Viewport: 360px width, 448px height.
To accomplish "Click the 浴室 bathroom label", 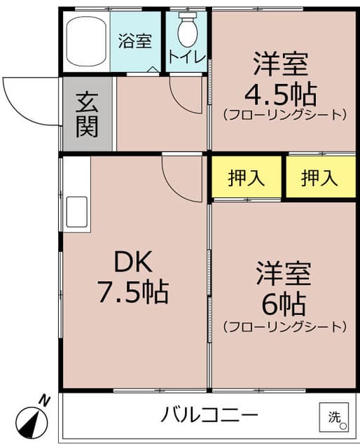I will pyautogui.click(x=135, y=41).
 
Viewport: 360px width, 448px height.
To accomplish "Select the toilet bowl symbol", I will pyautogui.click(x=187, y=29).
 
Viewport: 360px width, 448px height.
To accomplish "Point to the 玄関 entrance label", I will pyautogui.click(x=87, y=114).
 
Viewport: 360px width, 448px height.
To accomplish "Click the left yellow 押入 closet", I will pyautogui.click(x=247, y=178).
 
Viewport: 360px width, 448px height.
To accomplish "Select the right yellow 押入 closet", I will pyautogui.click(x=319, y=178).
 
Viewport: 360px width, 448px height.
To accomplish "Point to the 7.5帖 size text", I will pyautogui.click(x=133, y=291).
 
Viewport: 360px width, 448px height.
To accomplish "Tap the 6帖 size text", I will pyautogui.click(x=284, y=302).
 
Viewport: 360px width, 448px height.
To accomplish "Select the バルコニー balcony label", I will pyautogui.click(x=209, y=415).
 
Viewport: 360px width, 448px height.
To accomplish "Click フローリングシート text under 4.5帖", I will pyautogui.click(x=284, y=114).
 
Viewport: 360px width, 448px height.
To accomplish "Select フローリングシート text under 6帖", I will pyautogui.click(x=284, y=326).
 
